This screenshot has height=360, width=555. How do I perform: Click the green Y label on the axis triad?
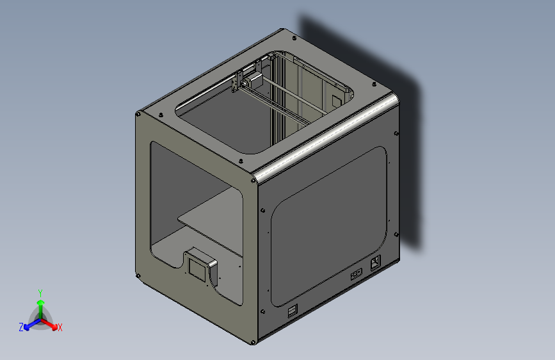(40, 292)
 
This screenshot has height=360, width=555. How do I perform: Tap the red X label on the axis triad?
(60, 327)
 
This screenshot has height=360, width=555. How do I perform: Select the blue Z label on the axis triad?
(21, 327)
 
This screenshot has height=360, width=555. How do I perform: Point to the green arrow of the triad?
(40, 304)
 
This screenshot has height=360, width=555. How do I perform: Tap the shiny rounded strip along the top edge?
(326, 136)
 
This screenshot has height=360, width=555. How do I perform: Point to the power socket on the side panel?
(375, 262)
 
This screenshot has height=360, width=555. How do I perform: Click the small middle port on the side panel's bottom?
(356, 274)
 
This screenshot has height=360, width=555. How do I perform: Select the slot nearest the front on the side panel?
(292, 311)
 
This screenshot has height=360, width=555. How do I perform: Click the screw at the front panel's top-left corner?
(138, 115)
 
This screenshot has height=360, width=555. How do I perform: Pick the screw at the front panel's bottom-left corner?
(139, 276)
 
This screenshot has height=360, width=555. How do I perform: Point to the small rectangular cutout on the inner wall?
(335, 101)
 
